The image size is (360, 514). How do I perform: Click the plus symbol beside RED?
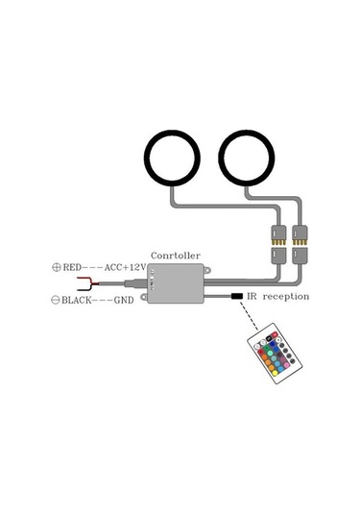point(56,268)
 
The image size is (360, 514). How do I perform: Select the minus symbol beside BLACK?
point(56,301)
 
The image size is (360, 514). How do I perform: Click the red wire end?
point(89,284)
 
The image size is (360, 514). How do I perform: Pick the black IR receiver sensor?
point(237,297)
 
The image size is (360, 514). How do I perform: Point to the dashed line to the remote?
point(252,317)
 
